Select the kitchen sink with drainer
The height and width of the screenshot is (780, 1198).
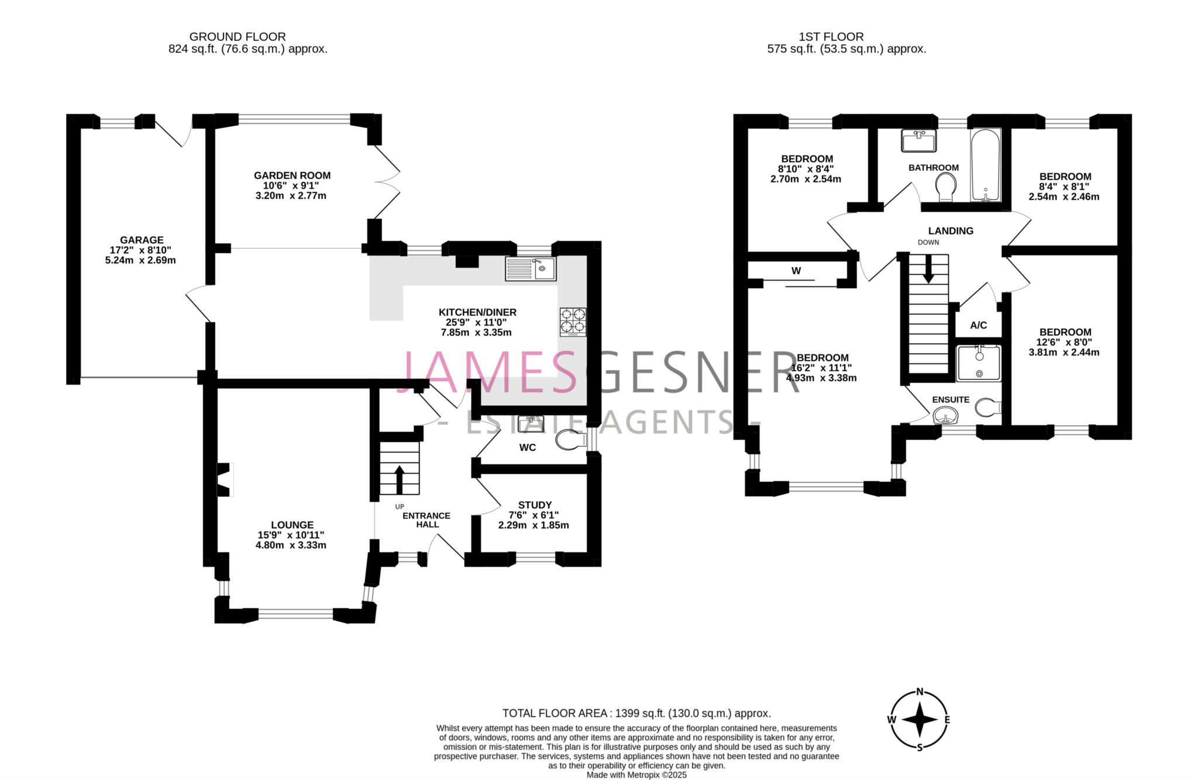[531, 270]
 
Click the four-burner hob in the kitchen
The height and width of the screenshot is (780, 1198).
[573, 322]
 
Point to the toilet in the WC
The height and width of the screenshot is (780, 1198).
[572, 440]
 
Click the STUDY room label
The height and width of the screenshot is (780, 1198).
[535, 505]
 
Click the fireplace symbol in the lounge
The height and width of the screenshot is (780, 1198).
[225, 479]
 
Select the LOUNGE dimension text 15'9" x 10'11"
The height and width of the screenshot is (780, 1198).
[291, 535]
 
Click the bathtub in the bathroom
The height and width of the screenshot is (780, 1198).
[986, 165]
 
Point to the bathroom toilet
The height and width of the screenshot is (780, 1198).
[946, 188]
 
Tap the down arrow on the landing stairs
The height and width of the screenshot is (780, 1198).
[928, 271]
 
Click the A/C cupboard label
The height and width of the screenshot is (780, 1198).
[978, 325]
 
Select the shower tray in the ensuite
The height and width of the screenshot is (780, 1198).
[978, 363]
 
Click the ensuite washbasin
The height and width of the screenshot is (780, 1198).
[945, 417]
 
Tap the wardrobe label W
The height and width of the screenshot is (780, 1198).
[796, 271]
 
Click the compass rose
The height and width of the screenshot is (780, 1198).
[920, 720]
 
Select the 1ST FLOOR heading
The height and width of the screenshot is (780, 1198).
[846, 37]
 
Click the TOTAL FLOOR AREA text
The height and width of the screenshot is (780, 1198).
[636, 713]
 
